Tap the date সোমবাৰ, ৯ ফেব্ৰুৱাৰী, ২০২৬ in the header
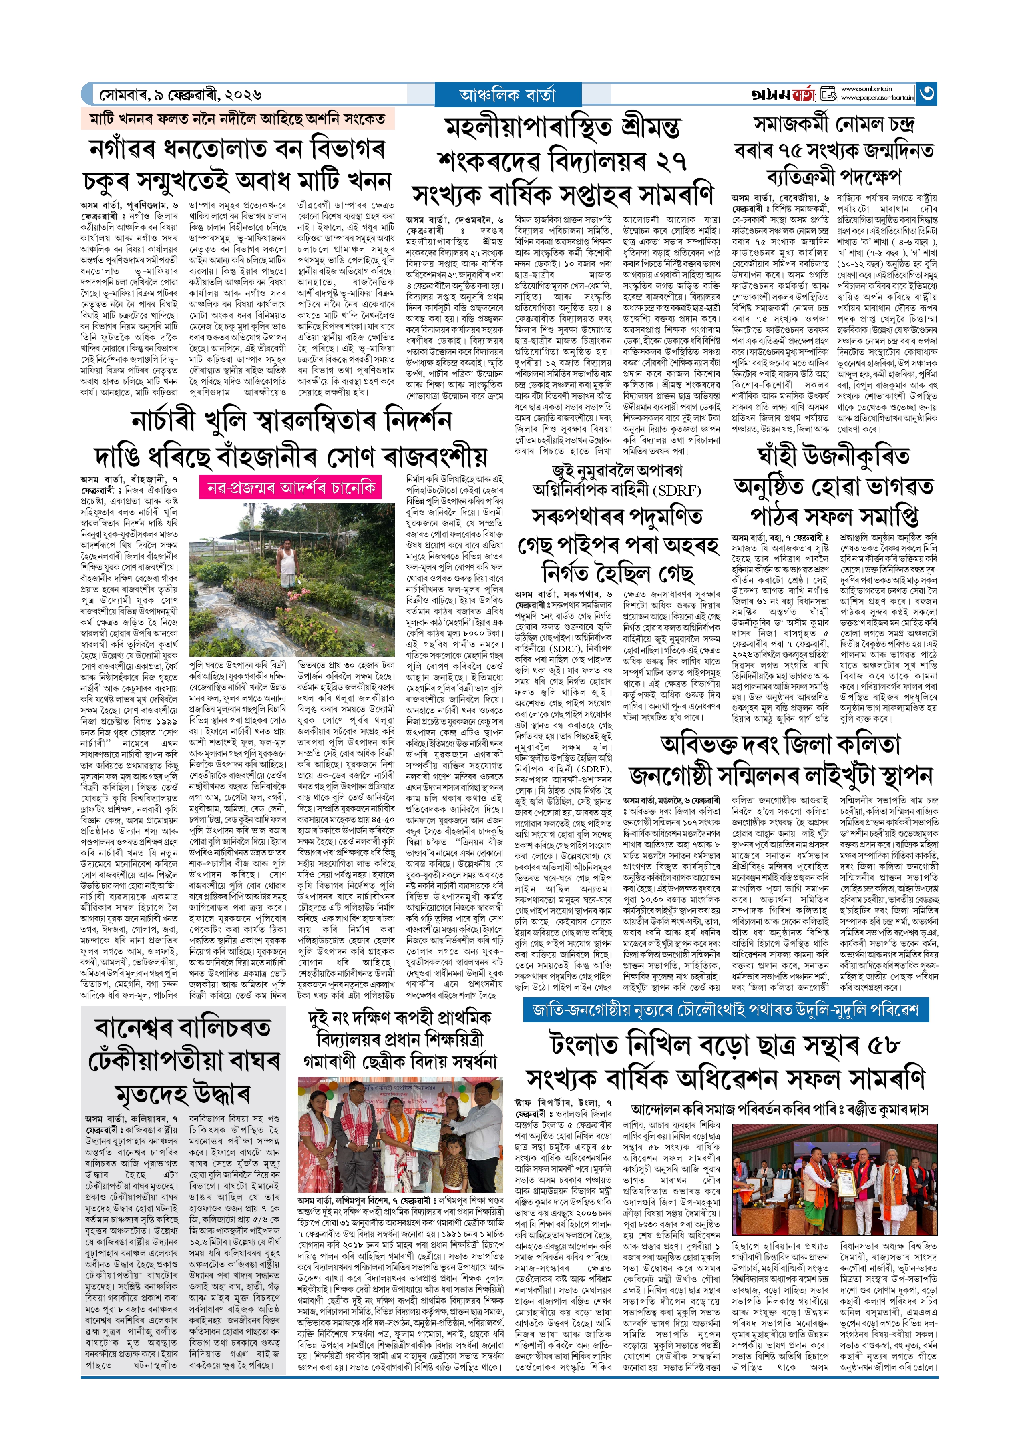[181, 95]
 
